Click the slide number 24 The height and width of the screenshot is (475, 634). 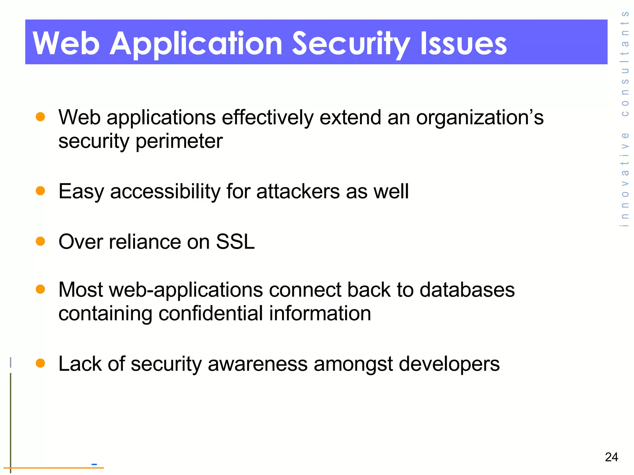pos(611,457)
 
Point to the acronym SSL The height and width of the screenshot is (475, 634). pos(235,242)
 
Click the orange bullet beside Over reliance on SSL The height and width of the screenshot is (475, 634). pos(41,241)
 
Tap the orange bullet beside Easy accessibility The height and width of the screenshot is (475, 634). pos(41,190)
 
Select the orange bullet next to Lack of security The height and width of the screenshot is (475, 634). pos(41,363)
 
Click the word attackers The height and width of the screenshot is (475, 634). pos(298,191)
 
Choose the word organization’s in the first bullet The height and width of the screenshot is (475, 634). pos(480,118)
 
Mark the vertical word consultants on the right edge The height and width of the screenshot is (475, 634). pos(625,64)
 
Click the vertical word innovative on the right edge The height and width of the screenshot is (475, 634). pos(625,179)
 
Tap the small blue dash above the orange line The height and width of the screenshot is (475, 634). pos(94,464)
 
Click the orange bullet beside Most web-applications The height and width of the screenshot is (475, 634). pos(41,289)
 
